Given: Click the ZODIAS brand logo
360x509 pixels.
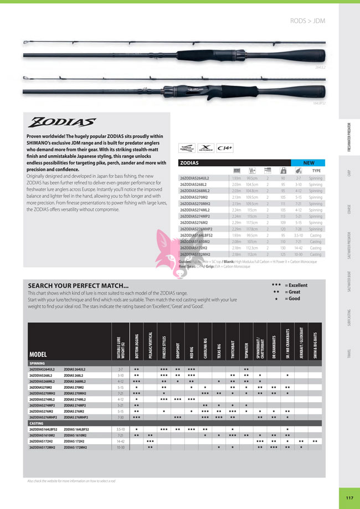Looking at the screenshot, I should click(63, 121).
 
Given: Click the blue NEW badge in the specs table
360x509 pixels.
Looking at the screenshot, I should click(308, 163).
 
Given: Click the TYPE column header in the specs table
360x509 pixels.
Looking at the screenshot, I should click(316, 172).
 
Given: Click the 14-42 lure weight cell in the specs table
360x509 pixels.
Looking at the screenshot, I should click(299, 248).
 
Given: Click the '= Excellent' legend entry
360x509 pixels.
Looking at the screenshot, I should click(296, 285).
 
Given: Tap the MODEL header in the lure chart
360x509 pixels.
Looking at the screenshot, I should click(38, 354).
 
